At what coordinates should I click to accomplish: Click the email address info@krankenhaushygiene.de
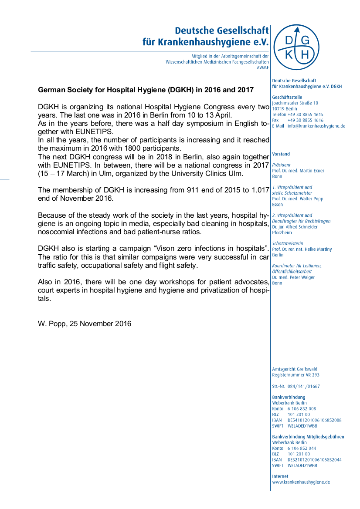tap(316, 126)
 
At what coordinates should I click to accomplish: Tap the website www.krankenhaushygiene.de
tap(301, 482)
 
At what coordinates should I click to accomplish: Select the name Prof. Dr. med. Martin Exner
tap(298, 171)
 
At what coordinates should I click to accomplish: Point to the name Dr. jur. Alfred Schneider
tap(295, 227)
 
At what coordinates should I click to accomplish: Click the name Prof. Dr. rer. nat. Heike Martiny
tap(302, 249)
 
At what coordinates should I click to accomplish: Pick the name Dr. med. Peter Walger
tap(293, 277)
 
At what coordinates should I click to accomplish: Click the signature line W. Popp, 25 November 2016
tap(85, 324)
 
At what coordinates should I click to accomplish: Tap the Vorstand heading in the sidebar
tap(281, 154)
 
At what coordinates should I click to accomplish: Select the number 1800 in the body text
tap(125, 148)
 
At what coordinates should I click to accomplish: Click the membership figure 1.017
tap(259, 190)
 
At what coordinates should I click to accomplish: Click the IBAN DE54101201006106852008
tap(314, 420)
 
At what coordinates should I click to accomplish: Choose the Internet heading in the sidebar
tap(280, 476)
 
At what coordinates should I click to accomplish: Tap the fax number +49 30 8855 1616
tap(306, 120)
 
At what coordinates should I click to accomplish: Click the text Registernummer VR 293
tap(295, 375)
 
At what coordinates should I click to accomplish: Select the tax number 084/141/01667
tap(304, 386)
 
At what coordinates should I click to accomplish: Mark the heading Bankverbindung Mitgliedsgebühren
tap(308, 437)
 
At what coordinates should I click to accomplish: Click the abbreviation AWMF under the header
tap(263, 68)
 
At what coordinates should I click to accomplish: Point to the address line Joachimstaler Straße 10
tap(295, 103)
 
